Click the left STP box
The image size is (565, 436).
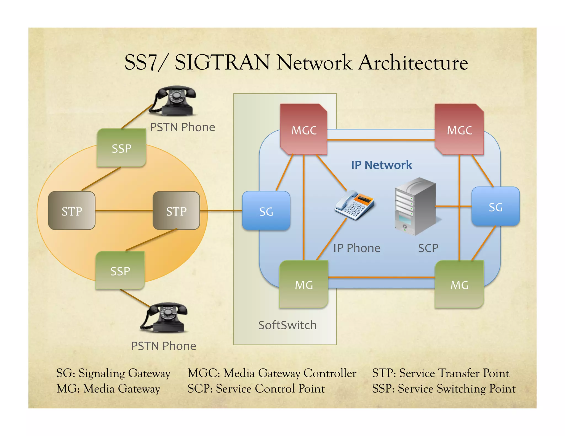72,211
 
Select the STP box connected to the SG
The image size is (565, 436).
176,211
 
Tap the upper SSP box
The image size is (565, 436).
121,148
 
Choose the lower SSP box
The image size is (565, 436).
120,271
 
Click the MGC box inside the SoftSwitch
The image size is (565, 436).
304,129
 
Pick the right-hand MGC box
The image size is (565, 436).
459,129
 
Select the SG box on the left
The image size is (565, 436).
266,211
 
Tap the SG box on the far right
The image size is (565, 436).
495,207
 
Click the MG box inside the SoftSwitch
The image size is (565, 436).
304,284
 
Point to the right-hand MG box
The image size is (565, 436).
459,284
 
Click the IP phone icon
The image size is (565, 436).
354,205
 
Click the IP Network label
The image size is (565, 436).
381,165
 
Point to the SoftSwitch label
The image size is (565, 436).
287,325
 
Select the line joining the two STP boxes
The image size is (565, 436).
124,211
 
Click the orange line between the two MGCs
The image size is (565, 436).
381,140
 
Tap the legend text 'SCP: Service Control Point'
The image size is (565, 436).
256,389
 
